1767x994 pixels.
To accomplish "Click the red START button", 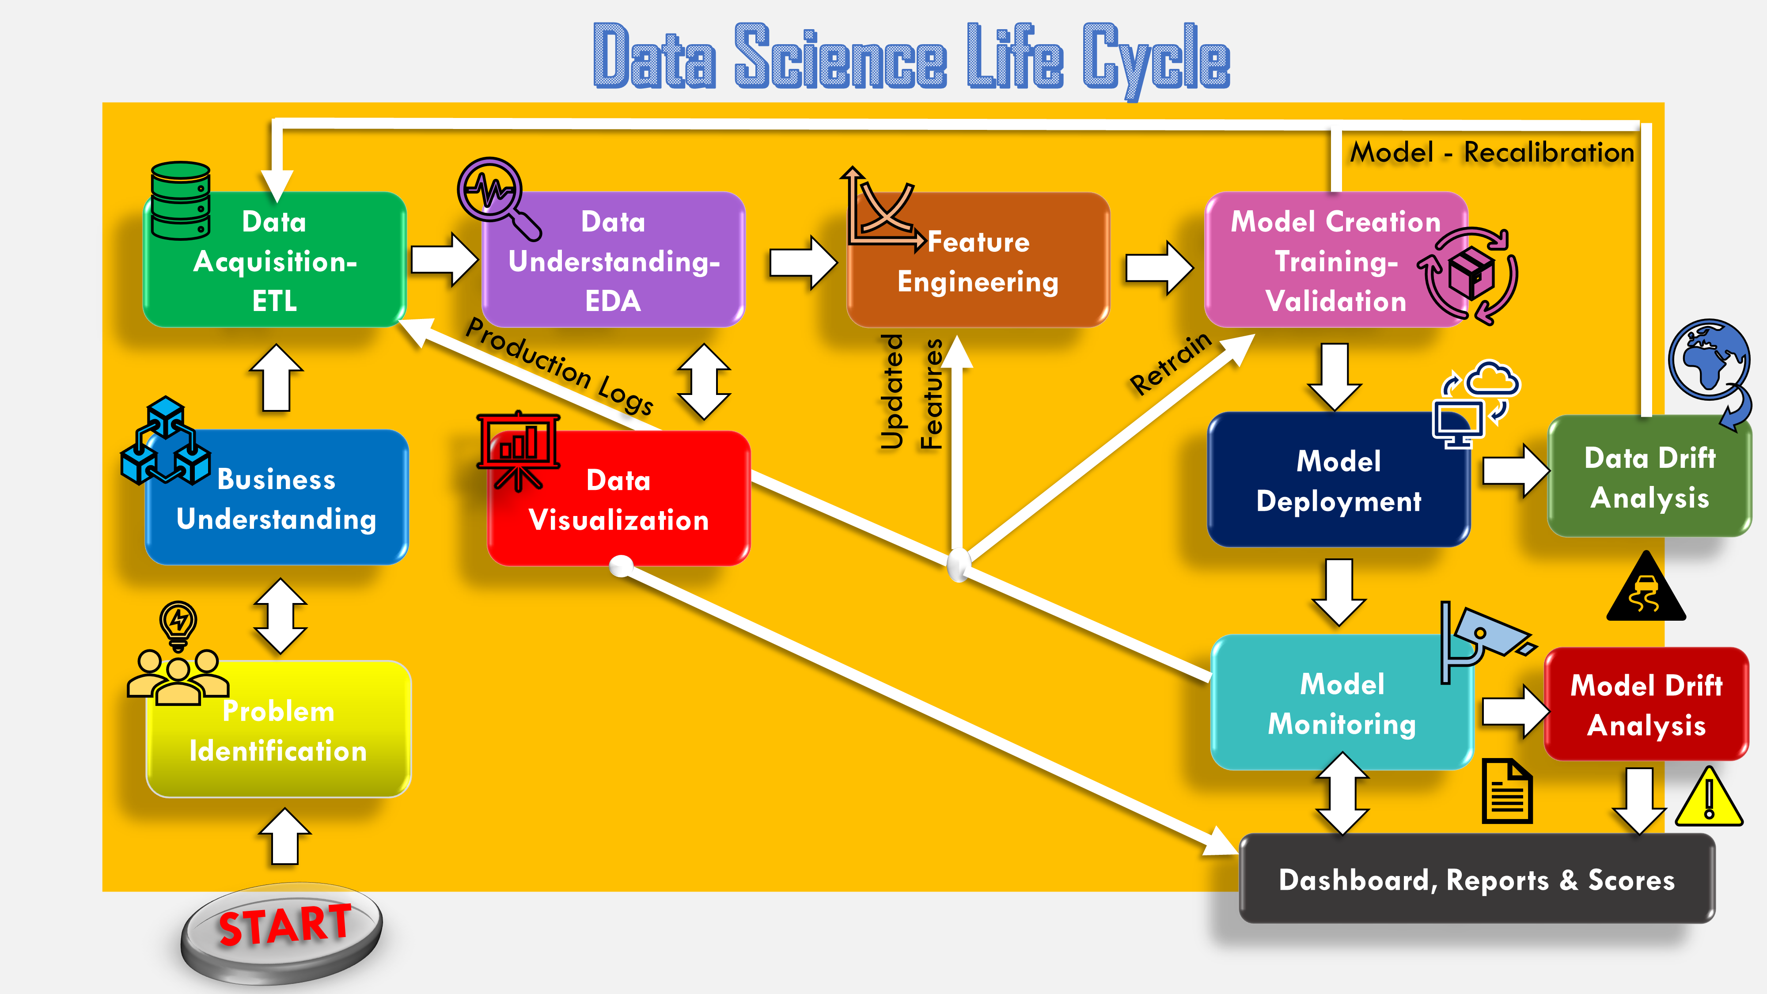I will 283,926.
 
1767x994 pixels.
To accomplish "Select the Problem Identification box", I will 278,731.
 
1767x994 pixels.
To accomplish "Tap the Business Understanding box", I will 277,499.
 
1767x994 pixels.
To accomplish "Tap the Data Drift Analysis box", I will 1649,478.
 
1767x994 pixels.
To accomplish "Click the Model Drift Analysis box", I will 1646,705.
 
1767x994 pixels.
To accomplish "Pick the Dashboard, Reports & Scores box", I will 1476,880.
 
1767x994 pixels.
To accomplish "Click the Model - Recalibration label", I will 1492,152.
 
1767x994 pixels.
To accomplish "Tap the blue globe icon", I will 1708,360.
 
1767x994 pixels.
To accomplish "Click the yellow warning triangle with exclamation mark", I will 1708,799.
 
